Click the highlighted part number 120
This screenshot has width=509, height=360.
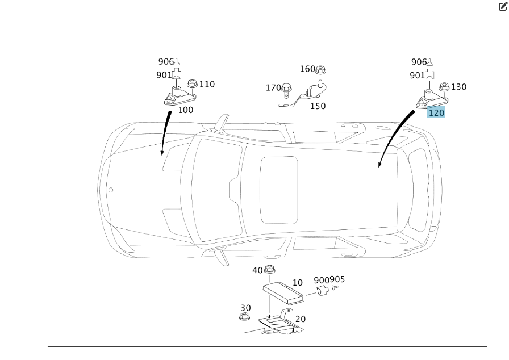[436, 113]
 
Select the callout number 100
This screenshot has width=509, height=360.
[186, 110]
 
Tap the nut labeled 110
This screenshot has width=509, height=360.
[192, 83]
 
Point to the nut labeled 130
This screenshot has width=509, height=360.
[444, 87]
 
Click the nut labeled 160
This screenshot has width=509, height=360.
[320, 70]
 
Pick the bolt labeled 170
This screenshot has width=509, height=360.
[286, 90]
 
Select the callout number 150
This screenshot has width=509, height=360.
[318, 106]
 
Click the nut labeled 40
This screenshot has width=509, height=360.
[269, 269]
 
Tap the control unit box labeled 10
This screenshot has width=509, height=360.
[283, 293]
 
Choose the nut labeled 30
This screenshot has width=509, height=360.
[244, 316]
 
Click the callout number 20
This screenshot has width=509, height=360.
[301, 319]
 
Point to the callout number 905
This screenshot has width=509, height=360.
[337, 279]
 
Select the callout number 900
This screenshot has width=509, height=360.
[322, 280]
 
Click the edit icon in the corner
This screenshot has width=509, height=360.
[503, 6]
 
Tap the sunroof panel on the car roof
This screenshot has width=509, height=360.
[279, 190]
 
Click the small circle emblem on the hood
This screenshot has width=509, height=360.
[111, 190]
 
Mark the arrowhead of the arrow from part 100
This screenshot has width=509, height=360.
[162, 153]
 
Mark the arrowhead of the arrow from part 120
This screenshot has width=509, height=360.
[379, 165]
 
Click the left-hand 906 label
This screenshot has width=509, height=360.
[166, 62]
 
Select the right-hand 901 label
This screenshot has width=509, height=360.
[417, 76]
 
